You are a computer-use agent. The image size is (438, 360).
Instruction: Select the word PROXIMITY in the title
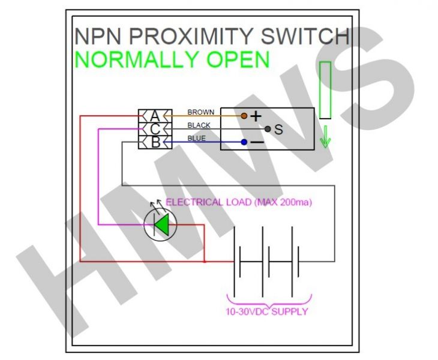(x=191, y=37)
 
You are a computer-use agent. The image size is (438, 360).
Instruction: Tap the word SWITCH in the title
(x=305, y=37)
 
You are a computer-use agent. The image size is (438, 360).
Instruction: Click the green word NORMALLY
(x=136, y=59)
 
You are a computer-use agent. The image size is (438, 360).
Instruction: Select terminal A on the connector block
(x=155, y=116)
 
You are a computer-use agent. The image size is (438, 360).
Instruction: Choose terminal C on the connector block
(x=155, y=129)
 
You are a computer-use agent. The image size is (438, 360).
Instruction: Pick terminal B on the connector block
(x=155, y=142)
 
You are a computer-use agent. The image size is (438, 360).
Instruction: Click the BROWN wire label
(x=201, y=112)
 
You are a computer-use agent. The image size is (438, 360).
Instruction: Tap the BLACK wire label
(x=199, y=125)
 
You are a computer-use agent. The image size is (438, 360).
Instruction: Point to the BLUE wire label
(x=197, y=138)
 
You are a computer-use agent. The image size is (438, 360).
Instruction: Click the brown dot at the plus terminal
(x=244, y=116)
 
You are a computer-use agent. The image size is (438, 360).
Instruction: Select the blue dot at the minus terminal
(x=244, y=142)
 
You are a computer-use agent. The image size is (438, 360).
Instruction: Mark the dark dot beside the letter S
(x=268, y=129)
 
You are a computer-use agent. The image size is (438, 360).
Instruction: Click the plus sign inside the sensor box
(x=256, y=116)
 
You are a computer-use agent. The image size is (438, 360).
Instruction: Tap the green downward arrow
(x=325, y=137)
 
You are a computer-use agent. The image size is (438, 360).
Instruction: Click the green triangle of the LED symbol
(x=162, y=224)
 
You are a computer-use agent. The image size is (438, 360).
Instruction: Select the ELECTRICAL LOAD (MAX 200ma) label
(x=239, y=202)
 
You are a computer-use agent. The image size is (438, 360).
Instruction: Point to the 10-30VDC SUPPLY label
(x=267, y=311)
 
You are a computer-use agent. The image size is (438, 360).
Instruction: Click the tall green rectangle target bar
(x=325, y=90)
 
